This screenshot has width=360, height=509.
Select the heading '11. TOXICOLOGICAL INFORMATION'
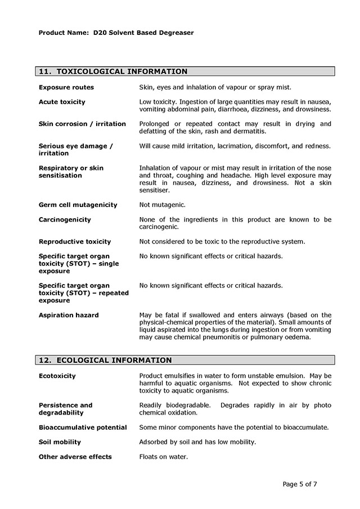click(112, 71)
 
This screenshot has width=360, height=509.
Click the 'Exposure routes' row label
click(66, 87)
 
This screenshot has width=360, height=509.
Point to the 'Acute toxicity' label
click(62, 102)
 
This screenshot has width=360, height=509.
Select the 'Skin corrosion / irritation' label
click(82, 124)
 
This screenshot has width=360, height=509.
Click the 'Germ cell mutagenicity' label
click(78, 205)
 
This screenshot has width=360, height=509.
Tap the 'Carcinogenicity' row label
click(65, 219)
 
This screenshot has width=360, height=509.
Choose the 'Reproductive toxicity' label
click(75, 241)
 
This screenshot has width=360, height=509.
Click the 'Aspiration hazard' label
click(69, 315)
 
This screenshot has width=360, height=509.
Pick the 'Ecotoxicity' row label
click(57, 376)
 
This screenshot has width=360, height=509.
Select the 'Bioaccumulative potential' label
click(83, 427)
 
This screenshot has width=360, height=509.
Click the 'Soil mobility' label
click(60, 442)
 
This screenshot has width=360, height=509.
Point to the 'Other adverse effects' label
click(75, 457)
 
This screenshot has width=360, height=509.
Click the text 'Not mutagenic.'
click(162, 205)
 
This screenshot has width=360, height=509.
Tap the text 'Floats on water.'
click(163, 457)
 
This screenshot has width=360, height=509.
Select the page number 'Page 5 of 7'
click(304, 484)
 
